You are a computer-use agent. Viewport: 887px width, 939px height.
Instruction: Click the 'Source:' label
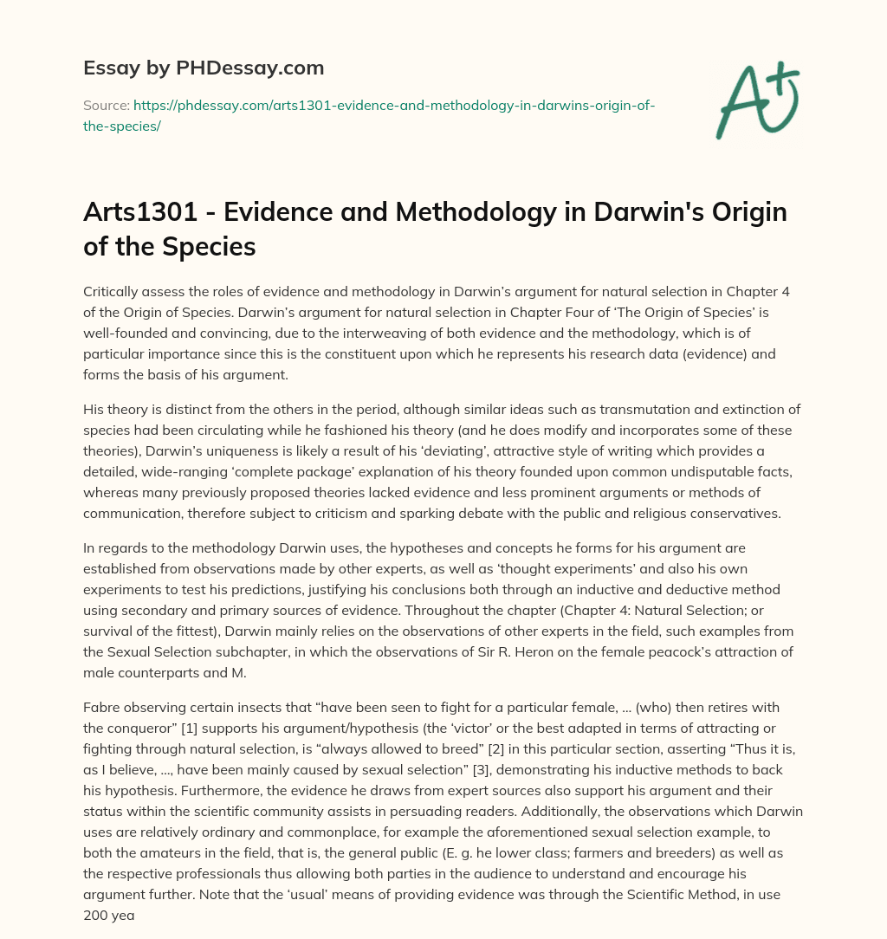click(106, 105)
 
